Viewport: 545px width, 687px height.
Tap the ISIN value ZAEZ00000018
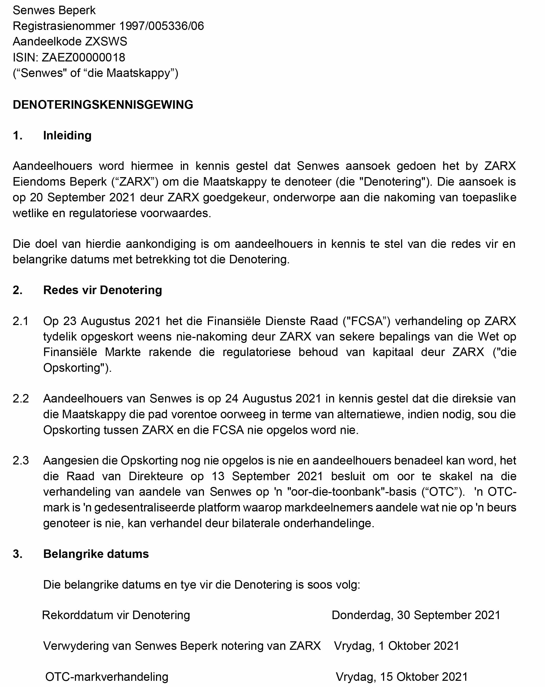click(x=83, y=58)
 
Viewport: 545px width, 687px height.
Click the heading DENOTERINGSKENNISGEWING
click(x=103, y=105)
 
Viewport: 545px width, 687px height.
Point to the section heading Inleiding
click(x=67, y=136)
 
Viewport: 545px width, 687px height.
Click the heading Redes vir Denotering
click(x=102, y=290)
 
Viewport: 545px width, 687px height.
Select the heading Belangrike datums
click(x=96, y=554)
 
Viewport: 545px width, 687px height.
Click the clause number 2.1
click(x=20, y=321)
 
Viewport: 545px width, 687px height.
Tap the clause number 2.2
click(x=20, y=399)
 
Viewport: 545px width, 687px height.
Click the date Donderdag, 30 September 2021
click(x=416, y=615)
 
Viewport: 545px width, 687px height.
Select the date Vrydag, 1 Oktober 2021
click(x=396, y=646)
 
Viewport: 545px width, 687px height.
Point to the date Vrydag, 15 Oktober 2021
click(x=402, y=677)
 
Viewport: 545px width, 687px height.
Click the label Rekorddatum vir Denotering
click(x=116, y=615)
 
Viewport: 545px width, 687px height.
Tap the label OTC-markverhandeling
click(x=107, y=677)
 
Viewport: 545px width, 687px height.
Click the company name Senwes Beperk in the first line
click(x=54, y=11)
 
